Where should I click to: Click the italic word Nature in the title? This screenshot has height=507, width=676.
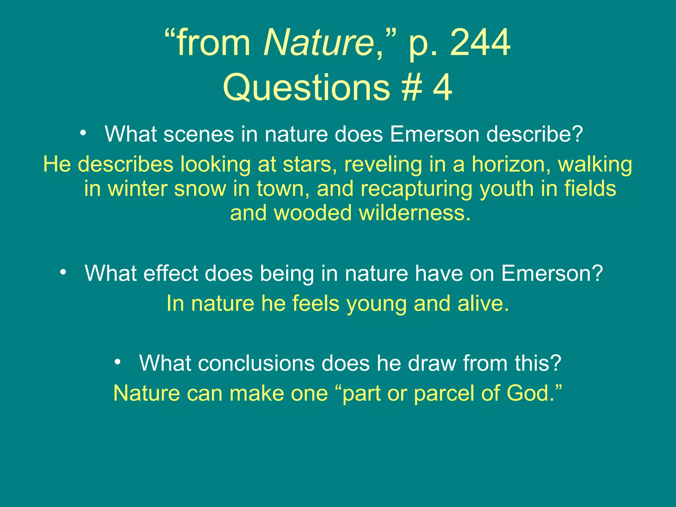[x=318, y=43]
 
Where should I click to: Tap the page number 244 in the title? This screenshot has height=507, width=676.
[x=480, y=43]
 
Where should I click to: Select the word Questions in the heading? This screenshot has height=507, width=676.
[x=307, y=88]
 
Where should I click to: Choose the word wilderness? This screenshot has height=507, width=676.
[x=414, y=213]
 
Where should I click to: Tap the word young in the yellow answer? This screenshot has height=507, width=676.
[x=376, y=303]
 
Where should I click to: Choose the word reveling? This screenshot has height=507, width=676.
[x=383, y=164]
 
